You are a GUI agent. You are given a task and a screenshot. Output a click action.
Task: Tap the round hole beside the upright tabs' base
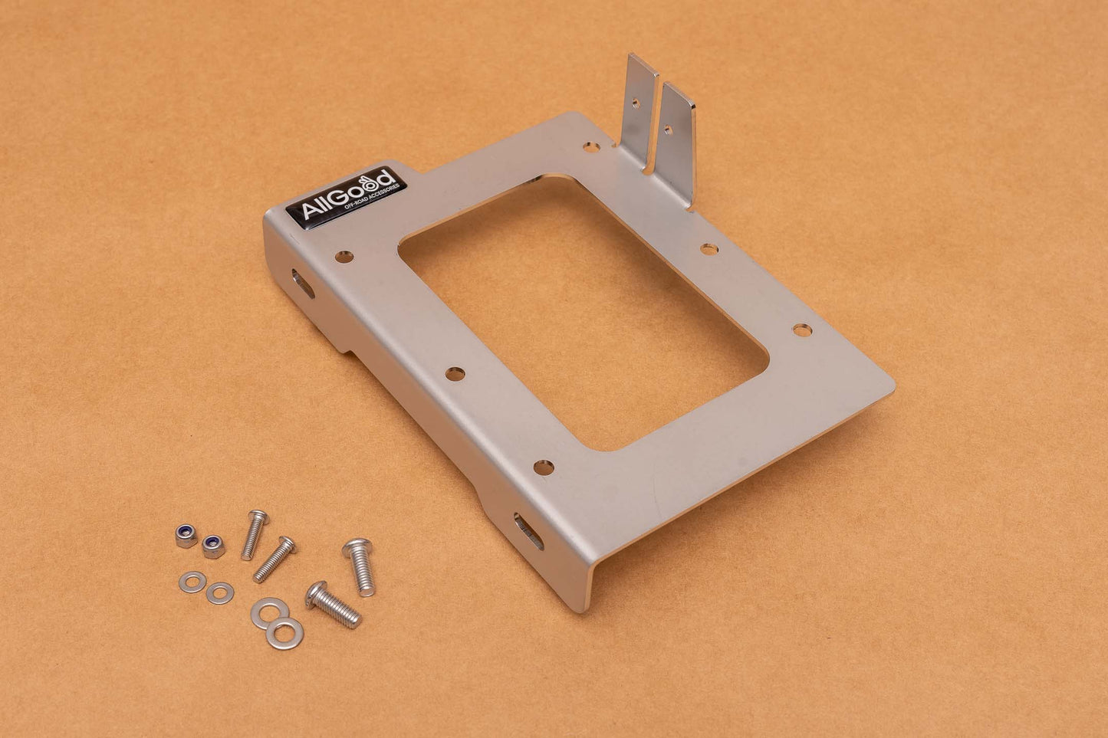pyautogui.click(x=590, y=146)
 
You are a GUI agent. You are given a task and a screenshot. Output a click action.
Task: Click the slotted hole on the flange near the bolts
pyautogui.click(x=528, y=531)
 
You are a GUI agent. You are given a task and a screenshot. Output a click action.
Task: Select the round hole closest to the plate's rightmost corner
pyautogui.click(x=801, y=330)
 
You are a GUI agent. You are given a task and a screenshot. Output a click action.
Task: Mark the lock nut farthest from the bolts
pyautogui.click(x=186, y=536)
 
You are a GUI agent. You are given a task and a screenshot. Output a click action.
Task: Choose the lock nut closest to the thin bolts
pyautogui.click(x=214, y=546)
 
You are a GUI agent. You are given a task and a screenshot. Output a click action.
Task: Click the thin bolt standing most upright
pyautogui.click(x=255, y=534)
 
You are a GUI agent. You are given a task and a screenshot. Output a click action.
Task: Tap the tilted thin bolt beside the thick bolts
pyautogui.click(x=275, y=559)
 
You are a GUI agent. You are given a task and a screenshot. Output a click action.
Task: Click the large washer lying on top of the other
pyautogui.click(x=284, y=634)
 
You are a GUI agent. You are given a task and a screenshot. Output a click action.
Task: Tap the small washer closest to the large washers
pyautogui.click(x=220, y=592)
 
